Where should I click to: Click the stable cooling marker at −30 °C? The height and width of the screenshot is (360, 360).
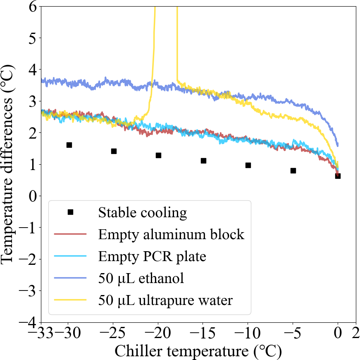click(x=69, y=145)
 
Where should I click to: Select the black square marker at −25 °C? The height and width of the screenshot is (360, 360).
click(x=114, y=151)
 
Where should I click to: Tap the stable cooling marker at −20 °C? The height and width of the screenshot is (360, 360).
click(x=158, y=155)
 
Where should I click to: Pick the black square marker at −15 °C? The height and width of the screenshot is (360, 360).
click(x=203, y=161)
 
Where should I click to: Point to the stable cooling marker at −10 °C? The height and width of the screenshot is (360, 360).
click(x=248, y=165)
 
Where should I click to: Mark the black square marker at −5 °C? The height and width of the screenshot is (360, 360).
click(x=293, y=170)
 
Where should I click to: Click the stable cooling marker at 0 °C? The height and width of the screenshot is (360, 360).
click(x=338, y=176)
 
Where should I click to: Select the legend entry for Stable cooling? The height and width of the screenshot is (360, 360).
click(x=143, y=213)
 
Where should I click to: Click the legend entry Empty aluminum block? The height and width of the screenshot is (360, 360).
click(x=171, y=235)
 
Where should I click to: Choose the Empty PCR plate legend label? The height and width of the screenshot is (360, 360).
click(x=152, y=257)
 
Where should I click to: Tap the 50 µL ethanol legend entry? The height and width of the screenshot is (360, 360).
click(x=141, y=278)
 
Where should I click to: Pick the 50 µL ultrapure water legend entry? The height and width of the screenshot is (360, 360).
click(x=165, y=300)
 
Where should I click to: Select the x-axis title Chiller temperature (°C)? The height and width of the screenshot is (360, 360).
click(x=198, y=351)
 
